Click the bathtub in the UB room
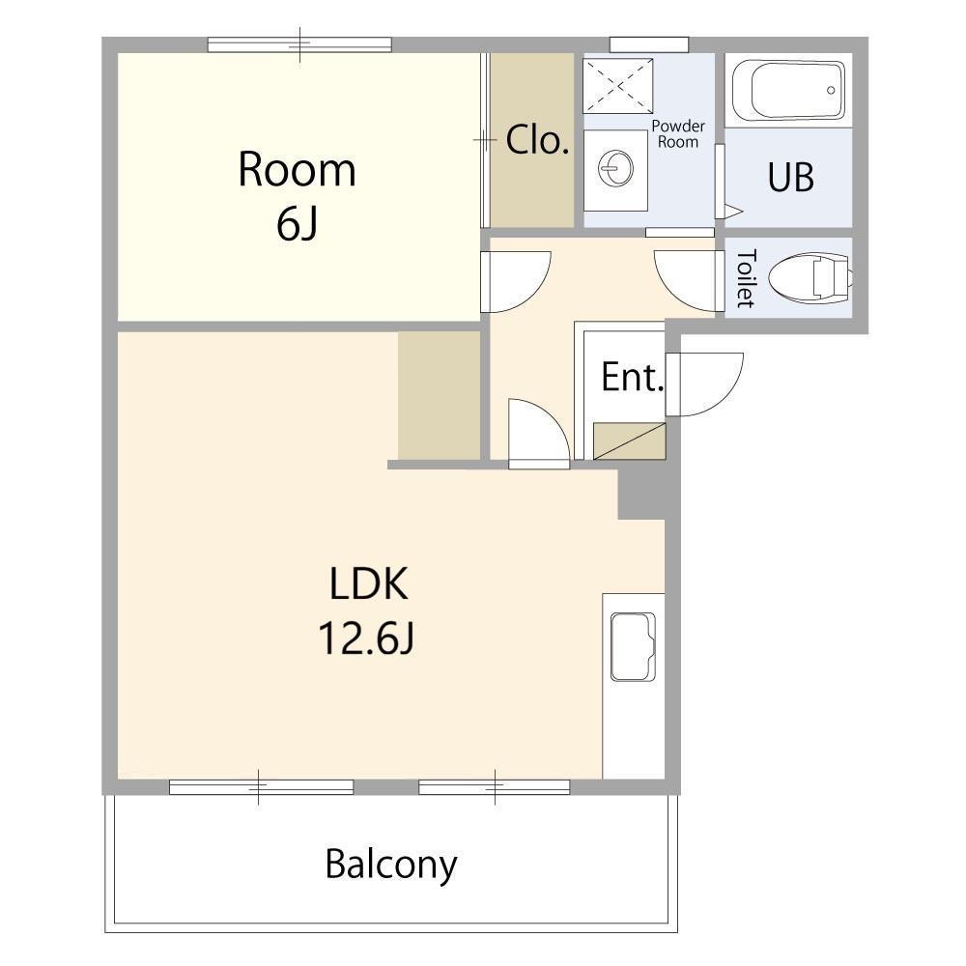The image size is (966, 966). [789, 90]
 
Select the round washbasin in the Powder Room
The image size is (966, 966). [615, 168]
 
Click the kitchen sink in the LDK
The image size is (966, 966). [633, 646]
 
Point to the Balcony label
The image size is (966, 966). [391, 865]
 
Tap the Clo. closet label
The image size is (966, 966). [536, 140]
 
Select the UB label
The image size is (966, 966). [790, 177]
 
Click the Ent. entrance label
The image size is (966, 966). [632, 377]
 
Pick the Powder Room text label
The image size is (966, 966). [678, 133]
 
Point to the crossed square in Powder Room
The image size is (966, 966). [618, 86]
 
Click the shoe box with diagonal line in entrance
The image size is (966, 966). [629, 441]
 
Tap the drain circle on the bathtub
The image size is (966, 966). [831, 90]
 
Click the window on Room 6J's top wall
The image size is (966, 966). [299, 44]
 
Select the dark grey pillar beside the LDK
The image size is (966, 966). [641, 494]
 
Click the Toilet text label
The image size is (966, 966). [746, 278]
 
